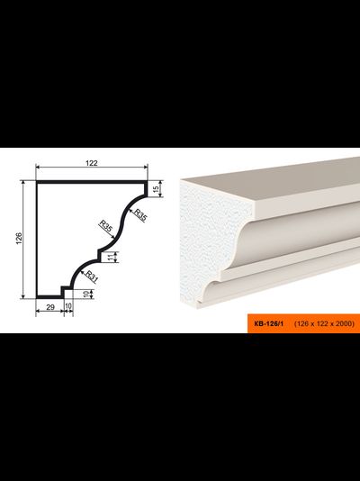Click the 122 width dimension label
[x=92, y=163]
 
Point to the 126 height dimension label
[x=19, y=239]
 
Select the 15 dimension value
[x=156, y=189]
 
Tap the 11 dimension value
[x=111, y=258]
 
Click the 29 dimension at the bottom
[x=50, y=307]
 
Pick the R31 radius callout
[x=91, y=277]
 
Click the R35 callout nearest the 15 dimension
[x=140, y=215]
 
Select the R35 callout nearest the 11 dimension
[x=105, y=226]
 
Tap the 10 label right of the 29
[x=68, y=306]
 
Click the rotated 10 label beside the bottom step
[x=86, y=294]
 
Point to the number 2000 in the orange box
[x=344, y=323]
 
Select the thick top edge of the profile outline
[x=91, y=182]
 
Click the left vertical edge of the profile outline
[x=37, y=240]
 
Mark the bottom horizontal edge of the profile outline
[x=49, y=296]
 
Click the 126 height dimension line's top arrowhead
[x=23, y=182]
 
